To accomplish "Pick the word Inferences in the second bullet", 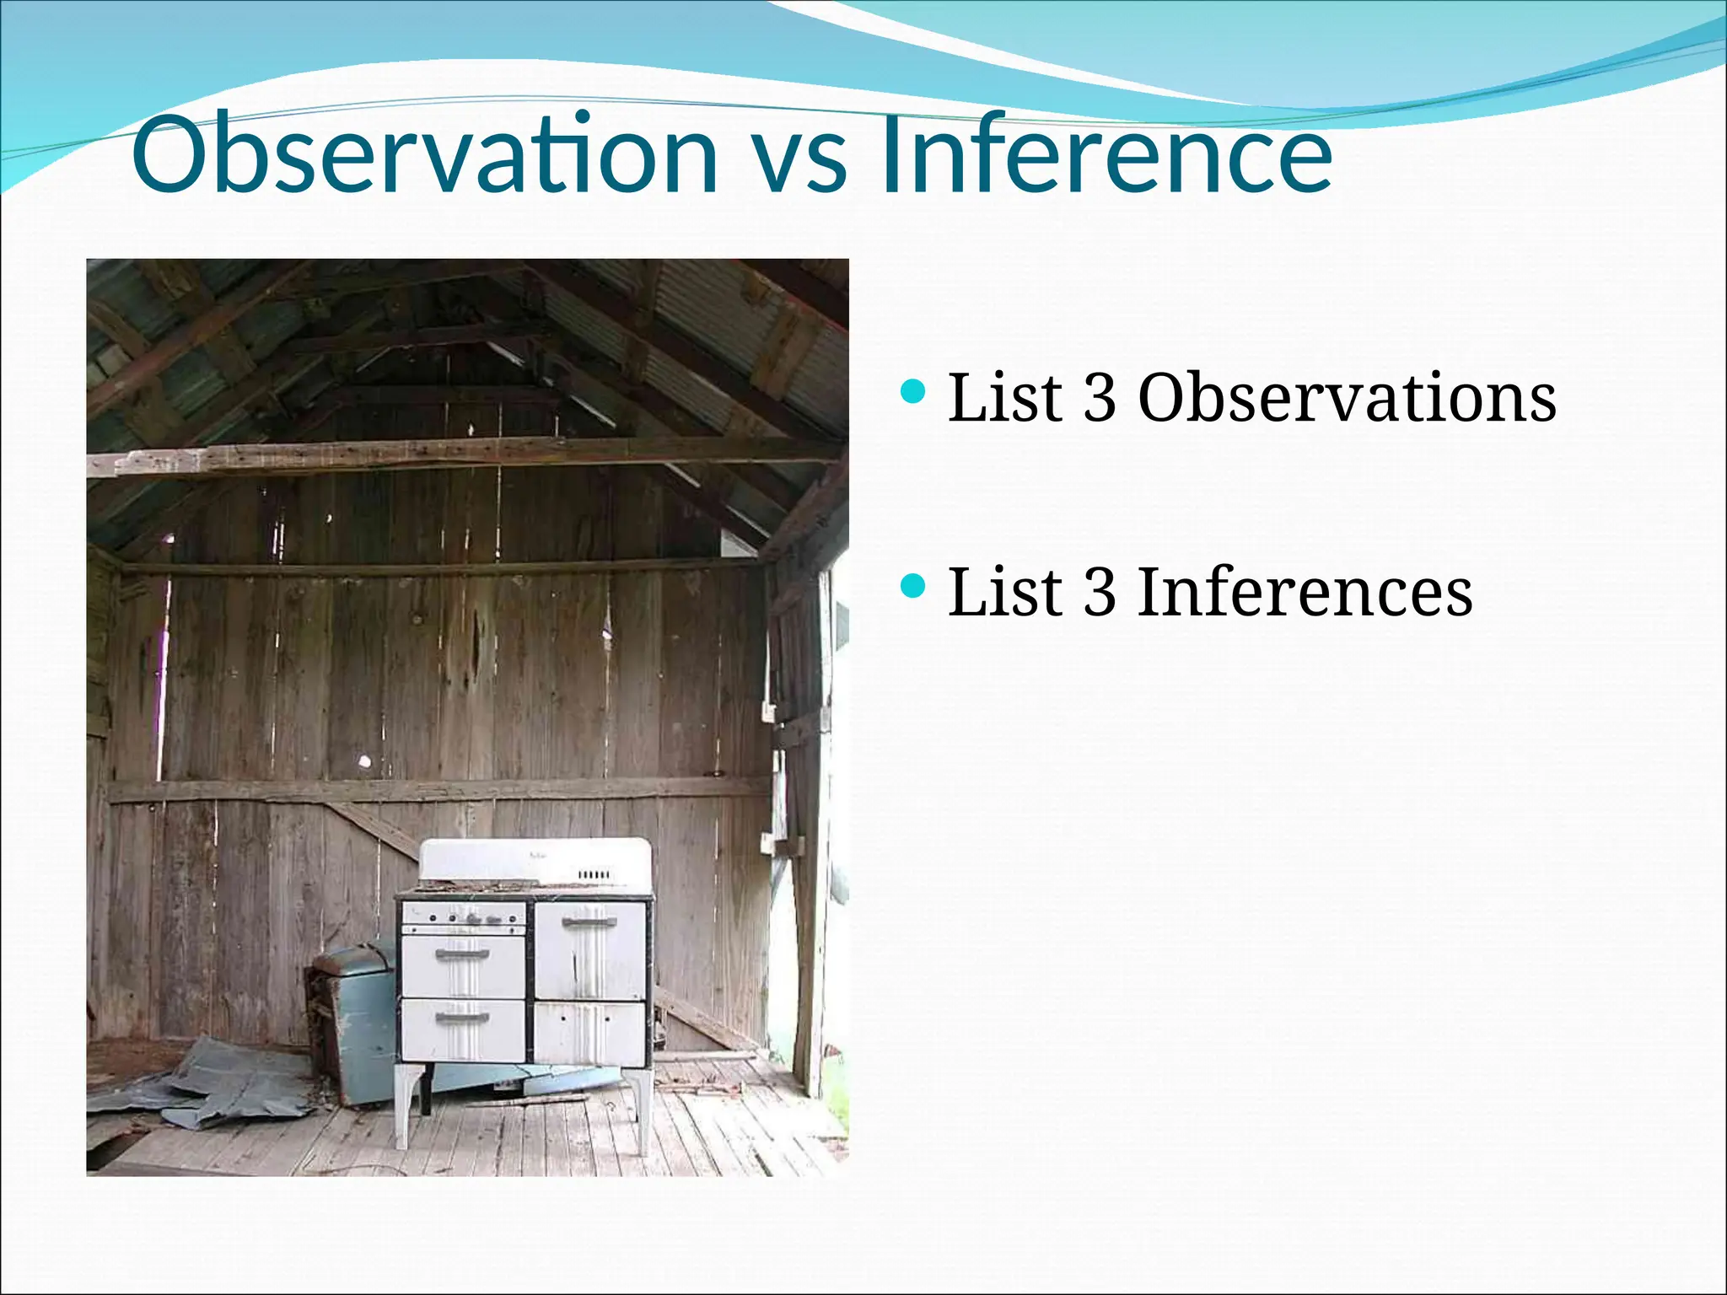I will point(1305,592).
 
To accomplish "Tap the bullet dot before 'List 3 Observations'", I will point(913,391).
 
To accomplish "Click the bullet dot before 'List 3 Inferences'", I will point(913,585).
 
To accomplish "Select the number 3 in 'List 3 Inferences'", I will point(1100,592).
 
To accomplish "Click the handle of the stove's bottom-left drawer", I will point(462,1018).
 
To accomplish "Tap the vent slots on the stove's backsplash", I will point(595,875).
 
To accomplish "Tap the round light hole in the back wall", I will point(364,761).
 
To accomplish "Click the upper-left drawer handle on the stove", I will point(462,954).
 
